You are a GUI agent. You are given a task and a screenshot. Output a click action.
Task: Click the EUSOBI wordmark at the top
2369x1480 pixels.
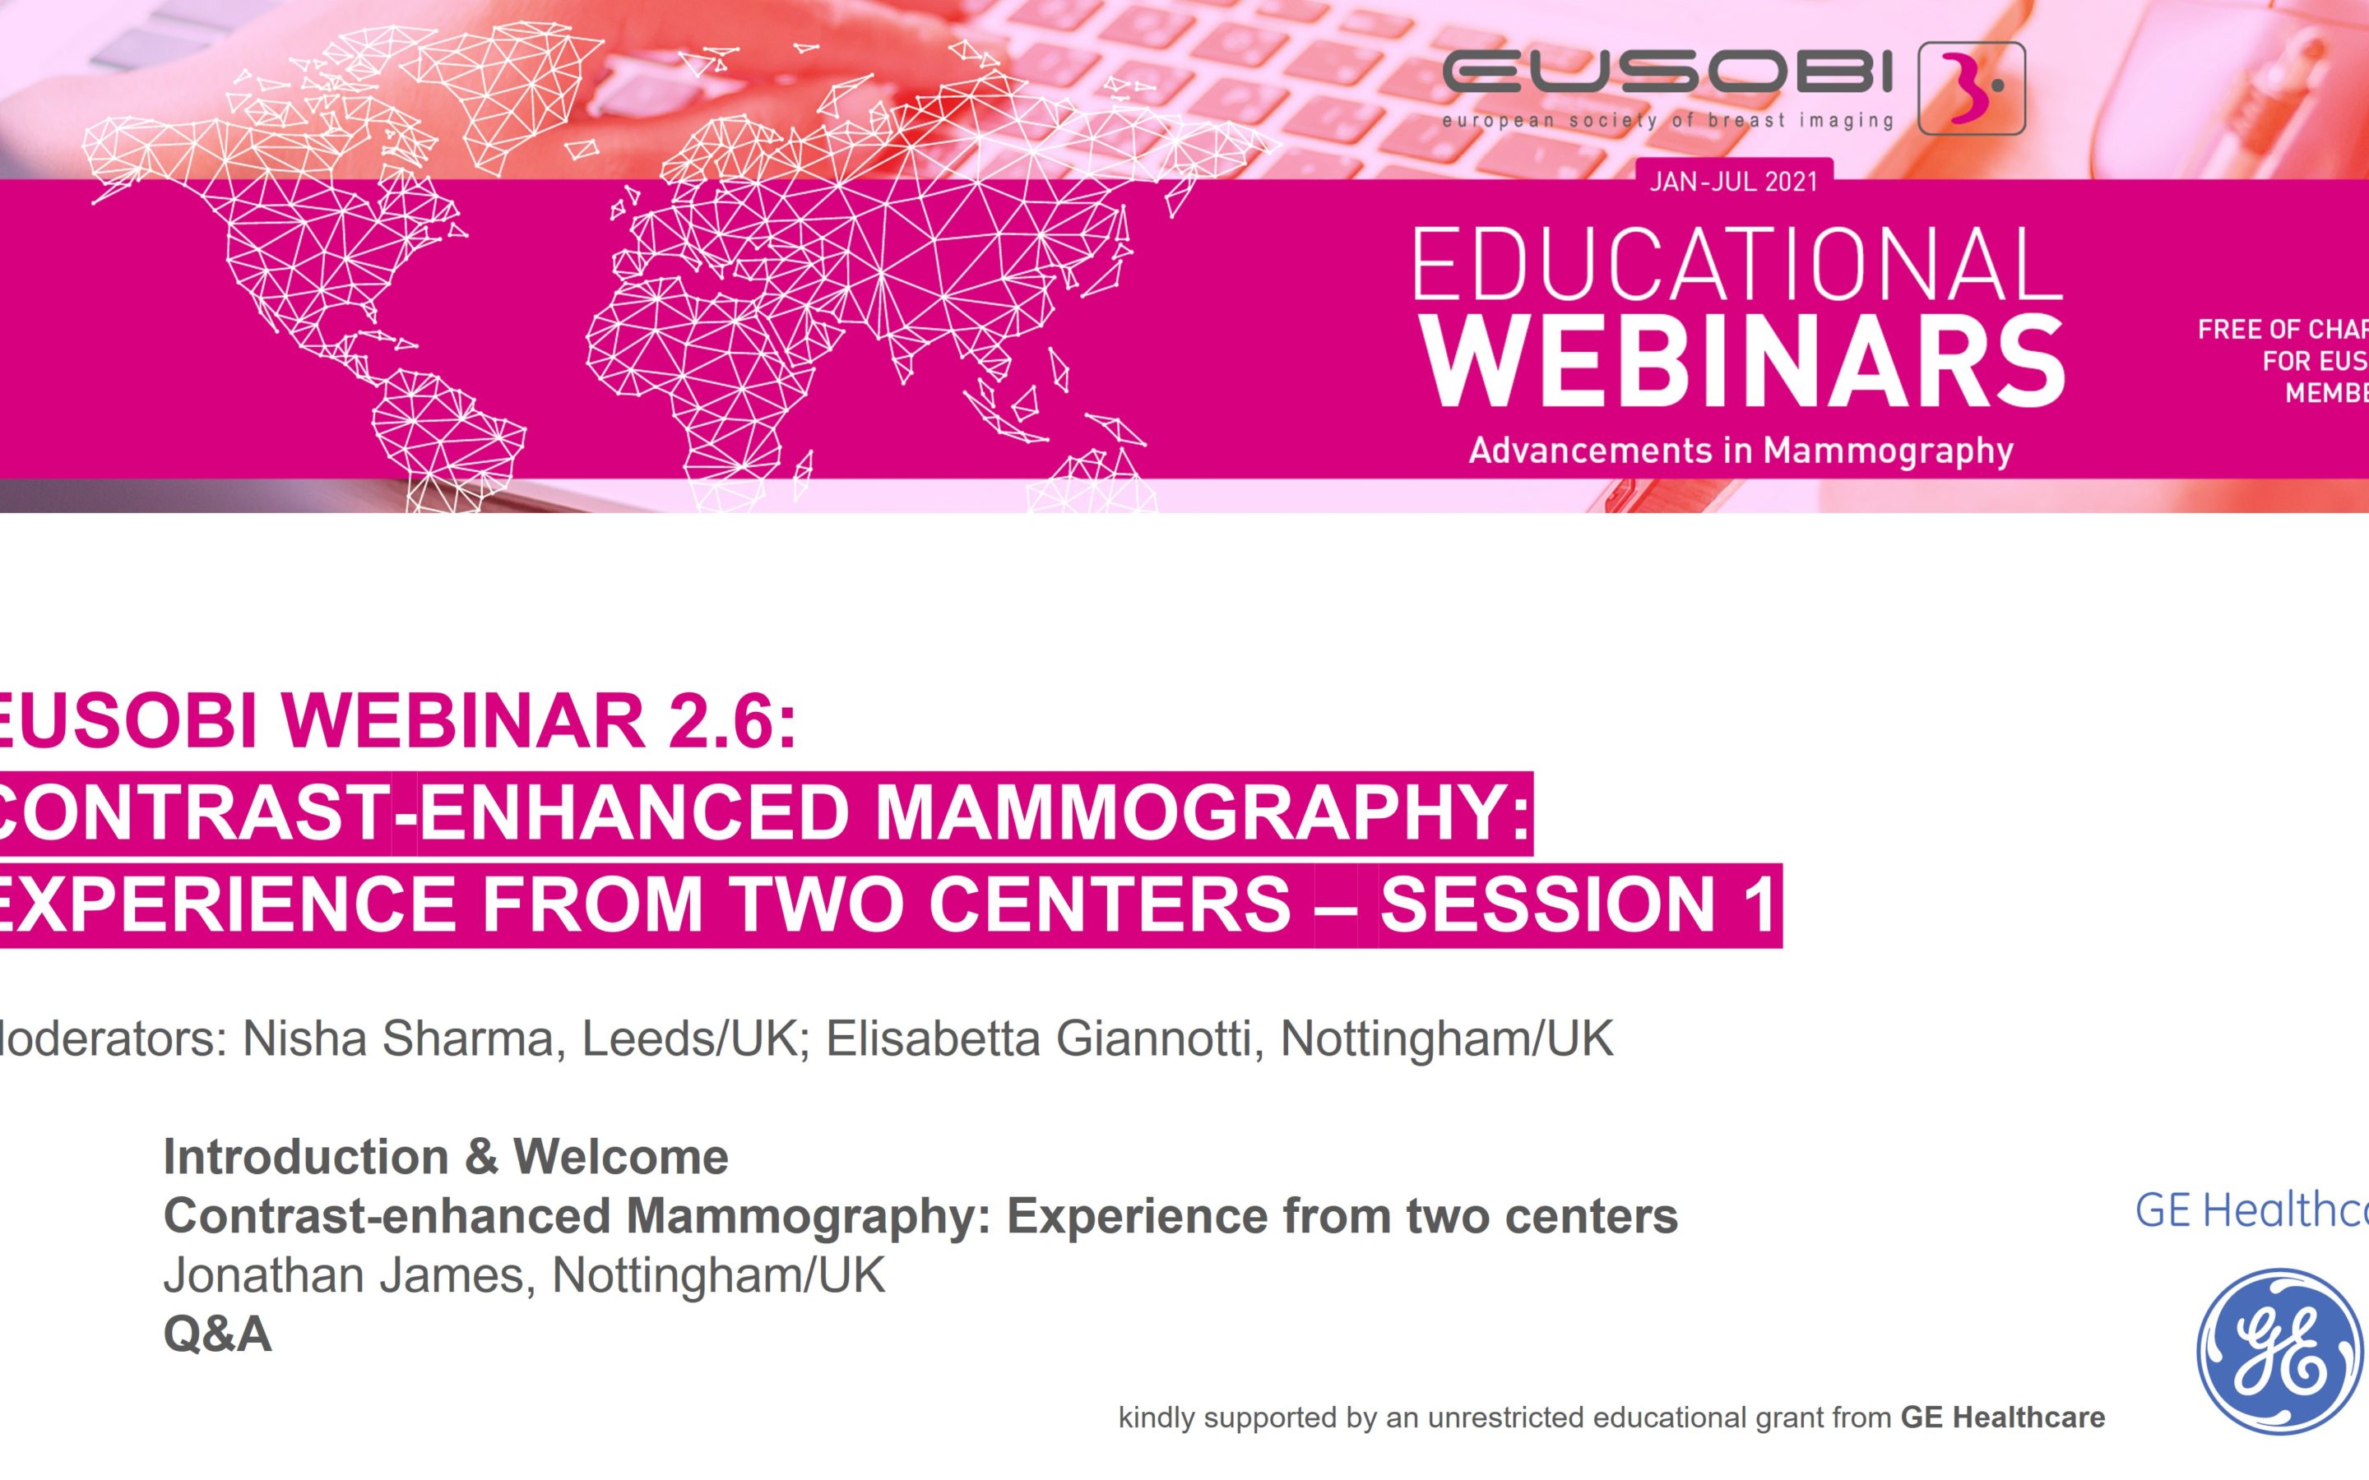coord(1668,73)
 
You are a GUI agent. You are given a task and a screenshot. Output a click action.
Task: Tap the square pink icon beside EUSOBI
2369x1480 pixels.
coord(1971,88)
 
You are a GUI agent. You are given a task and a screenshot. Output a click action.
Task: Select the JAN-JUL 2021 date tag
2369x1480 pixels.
coord(1734,182)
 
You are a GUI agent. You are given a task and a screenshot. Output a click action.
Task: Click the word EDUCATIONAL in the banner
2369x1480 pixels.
coord(1736,266)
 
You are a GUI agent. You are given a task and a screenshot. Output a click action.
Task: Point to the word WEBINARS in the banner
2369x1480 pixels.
coord(1742,361)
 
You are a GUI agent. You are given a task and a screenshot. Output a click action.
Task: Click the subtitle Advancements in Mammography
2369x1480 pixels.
coord(1741,451)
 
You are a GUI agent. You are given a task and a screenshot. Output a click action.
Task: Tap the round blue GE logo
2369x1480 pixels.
coord(2280,1351)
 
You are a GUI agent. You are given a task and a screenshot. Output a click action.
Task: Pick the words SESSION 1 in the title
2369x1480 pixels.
coord(1578,904)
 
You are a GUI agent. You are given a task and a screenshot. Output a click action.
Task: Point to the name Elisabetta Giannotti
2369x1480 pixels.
coord(1039,1038)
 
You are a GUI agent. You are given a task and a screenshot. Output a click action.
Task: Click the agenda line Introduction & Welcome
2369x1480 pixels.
coord(445,1157)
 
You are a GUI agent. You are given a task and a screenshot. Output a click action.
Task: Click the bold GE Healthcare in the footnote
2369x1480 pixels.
coord(2002,1418)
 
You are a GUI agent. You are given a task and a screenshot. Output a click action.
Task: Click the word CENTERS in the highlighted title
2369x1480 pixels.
coord(1109,904)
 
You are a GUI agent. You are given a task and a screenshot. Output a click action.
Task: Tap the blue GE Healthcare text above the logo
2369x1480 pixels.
coord(2251,1211)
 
